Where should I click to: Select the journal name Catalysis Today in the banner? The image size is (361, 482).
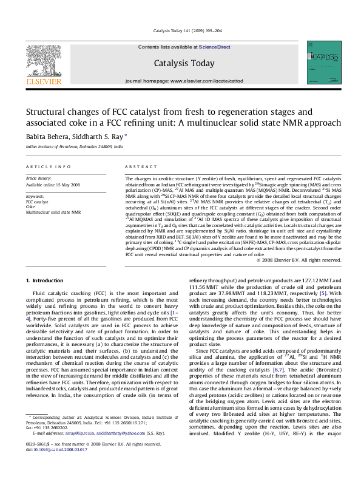tap(184, 63)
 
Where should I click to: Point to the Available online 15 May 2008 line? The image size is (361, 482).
tap(50, 185)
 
